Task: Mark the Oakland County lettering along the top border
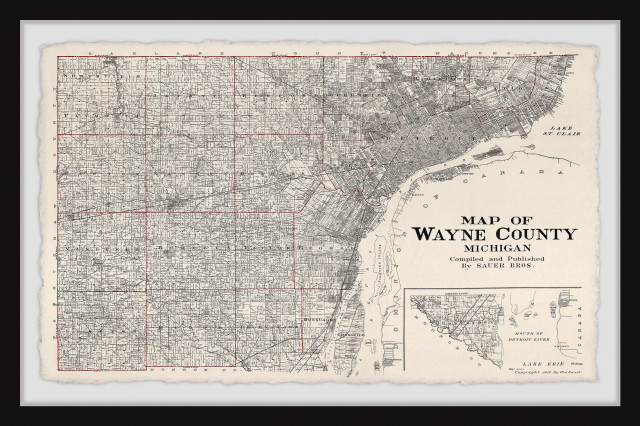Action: click(x=300, y=51)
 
